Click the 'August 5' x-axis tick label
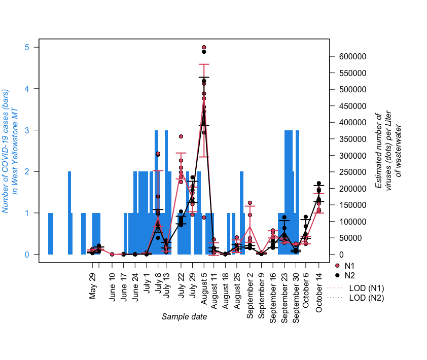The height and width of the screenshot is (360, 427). (204, 286)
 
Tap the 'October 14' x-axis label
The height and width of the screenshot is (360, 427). (319, 293)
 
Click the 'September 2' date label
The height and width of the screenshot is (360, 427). (250, 295)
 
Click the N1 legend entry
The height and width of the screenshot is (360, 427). (349, 266)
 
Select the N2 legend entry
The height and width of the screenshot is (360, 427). (349, 275)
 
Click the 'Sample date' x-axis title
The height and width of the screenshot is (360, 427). (184, 317)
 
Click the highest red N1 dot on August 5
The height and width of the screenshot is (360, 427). (204, 47)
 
